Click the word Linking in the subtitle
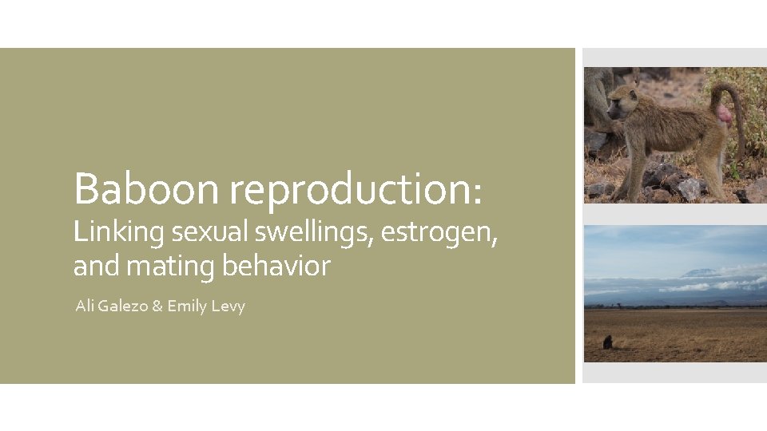pyautogui.click(x=118, y=233)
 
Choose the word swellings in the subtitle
pyautogui.click(x=315, y=233)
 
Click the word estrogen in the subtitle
pyautogui.click(x=439, y=233)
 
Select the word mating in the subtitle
pyautogui.click(x=171, y=267)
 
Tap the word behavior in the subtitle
pyautogui.click(x=276, y=265)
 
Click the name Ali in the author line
pyautogui.click(x=85, y=306)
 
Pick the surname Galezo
pyautogui.click(x=124, y=306)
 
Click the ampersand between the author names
pyautogui.click(x=157, y=306)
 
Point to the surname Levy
pyautogui.click(x=229, y=306)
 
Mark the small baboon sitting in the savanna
pyautogui.click(x=608, y=342)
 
